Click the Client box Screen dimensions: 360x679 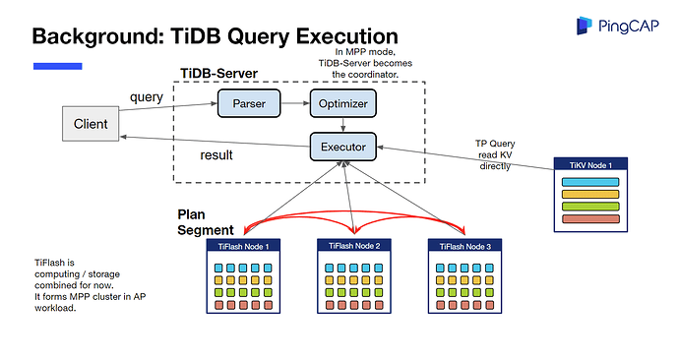pyautogui.click(x=91, y=124)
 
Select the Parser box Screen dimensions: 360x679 pyautogui.click(x=249, y=102)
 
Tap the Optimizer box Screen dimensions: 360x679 pyautogui.click(x=341, y=102)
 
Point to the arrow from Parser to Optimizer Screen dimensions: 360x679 pyautogui.click(x=295, y=102)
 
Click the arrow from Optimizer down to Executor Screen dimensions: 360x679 pyautogui.click(x=341, y=124)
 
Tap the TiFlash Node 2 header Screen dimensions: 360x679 pyautogui.click(x=352, y=245)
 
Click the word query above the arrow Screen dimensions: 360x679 pyautogui.click(x=147, y=96)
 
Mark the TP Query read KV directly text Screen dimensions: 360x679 pyautogui.click(x=495, y=154)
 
